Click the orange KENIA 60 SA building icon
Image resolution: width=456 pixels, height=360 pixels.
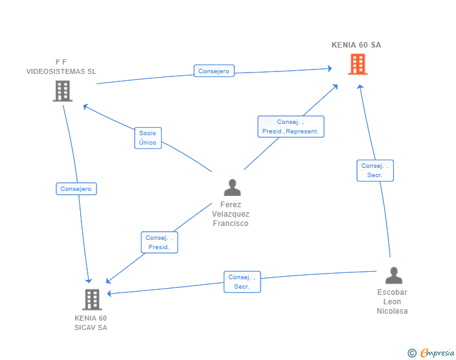(358, 64)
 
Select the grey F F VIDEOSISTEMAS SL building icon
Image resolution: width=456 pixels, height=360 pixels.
(63, 91)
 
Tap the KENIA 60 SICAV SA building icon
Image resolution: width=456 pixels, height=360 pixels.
(92, 299)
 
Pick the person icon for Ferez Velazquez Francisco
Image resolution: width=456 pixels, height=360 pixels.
(232, 188)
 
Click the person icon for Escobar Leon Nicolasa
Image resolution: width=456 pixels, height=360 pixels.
(394, 275)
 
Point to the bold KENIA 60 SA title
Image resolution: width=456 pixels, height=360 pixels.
(356, 45)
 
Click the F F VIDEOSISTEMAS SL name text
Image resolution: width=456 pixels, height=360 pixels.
(61, 66)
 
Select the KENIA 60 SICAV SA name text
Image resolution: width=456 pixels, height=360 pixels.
(91, 323)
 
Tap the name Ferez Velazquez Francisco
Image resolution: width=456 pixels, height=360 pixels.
(231, 214)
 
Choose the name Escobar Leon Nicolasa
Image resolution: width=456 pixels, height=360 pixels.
(392, 302)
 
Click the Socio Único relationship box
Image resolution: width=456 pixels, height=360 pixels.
(148, 138)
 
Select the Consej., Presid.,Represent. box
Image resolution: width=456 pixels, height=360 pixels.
(291, 126)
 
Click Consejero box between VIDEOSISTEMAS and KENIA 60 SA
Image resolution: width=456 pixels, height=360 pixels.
(214, 71)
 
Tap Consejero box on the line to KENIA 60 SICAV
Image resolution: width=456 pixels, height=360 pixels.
(76, 188)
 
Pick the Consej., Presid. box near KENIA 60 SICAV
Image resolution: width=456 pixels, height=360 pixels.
(159, 242)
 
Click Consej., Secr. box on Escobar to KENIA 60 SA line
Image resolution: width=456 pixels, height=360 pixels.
(375, 170)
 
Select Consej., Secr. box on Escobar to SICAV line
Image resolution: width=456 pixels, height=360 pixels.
(242, 282)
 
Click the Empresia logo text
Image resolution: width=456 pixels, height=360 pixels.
(437, 352)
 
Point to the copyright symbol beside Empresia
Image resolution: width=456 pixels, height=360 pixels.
(412, 353)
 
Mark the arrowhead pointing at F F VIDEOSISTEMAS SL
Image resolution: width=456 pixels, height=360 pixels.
(85, 106)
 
